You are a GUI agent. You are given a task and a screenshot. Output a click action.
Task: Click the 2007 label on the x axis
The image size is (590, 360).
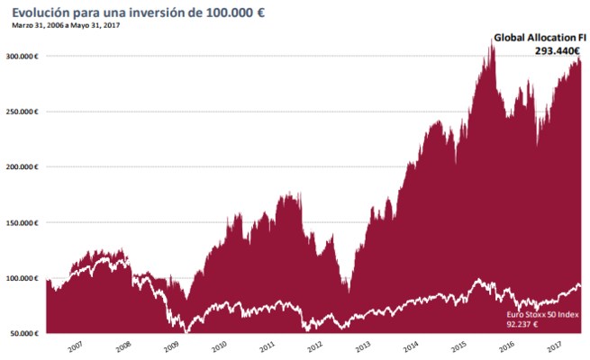(74, 346)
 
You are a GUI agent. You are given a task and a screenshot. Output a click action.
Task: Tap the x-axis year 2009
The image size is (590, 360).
(171, 346)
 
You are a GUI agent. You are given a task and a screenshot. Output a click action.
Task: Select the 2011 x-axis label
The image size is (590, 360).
(268, 346)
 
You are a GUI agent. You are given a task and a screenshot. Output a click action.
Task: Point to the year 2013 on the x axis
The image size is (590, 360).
(364, 346)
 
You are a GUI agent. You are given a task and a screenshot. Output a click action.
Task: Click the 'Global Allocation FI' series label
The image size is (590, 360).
(538, 39)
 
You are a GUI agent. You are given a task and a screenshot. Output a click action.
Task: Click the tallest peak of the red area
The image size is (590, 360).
(492, 42)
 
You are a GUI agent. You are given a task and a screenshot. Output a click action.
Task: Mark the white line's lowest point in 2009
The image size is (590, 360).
(186, 332)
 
